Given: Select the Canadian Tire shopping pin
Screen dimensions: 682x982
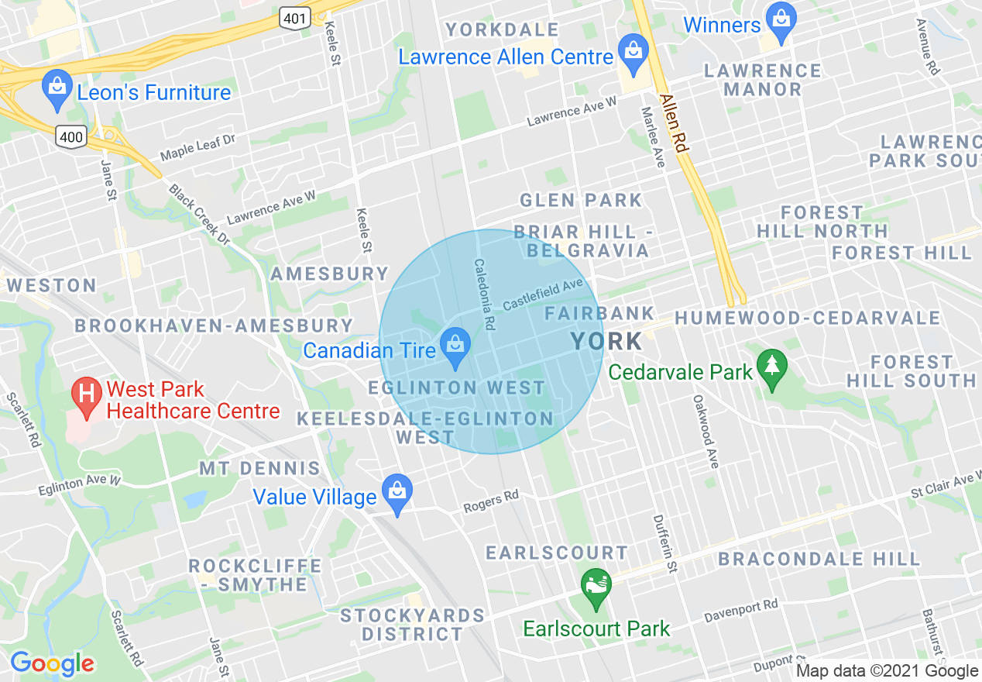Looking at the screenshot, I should [455, 346].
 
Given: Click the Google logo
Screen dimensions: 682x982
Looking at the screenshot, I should [52, 663].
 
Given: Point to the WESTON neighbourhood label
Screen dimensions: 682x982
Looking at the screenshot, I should [52, 285].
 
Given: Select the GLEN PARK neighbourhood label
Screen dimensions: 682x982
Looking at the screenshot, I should [581, 200].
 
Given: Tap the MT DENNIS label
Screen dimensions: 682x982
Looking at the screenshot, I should [259, 468].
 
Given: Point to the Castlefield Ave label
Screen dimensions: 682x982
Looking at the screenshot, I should [542, 294].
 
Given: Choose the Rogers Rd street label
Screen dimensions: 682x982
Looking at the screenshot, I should [490, 502].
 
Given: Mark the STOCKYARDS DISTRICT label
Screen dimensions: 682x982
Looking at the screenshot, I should [413, 625].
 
